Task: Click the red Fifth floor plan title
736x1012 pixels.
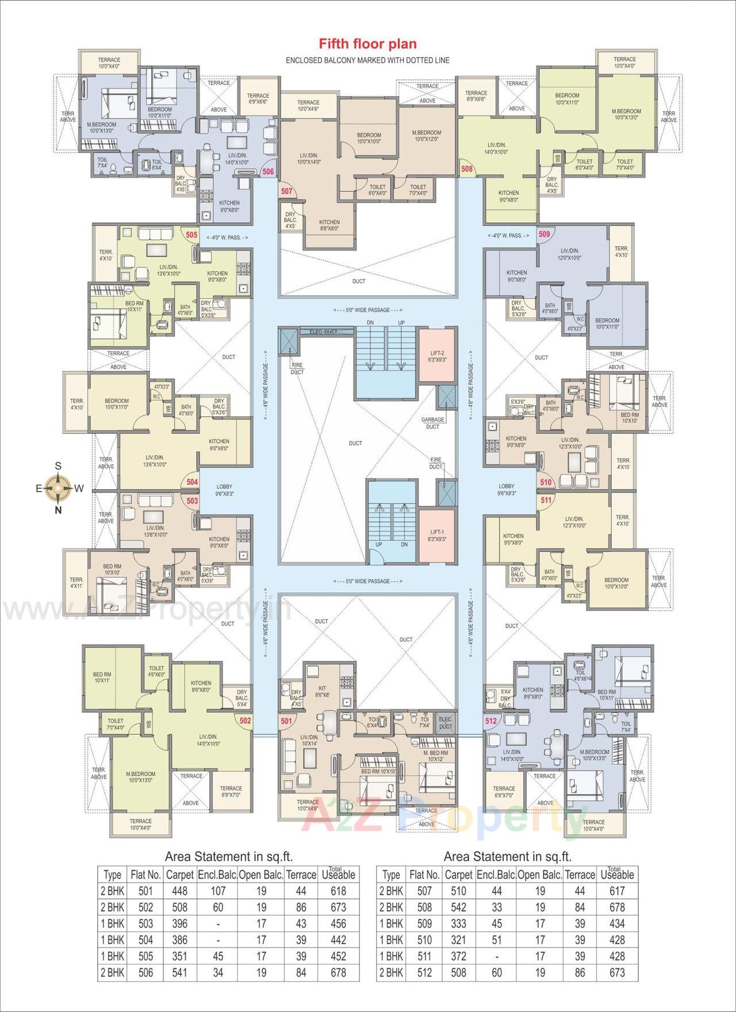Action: pos(368,44)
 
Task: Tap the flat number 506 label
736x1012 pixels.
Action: pos(268,171)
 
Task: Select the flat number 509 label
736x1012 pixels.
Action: pos(544,234)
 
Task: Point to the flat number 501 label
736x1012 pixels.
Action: pos(286,720)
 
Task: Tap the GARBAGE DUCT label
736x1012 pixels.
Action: pos(432,423)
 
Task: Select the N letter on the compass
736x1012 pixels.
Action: pos(58,509)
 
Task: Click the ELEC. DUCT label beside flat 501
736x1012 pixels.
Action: pos(445,723)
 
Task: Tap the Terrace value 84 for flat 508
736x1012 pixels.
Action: pos(580,907)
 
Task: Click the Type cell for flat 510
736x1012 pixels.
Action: pos(390,940)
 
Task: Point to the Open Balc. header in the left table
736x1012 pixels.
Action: pos(261,875)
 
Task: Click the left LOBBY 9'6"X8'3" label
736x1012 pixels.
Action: pos(224,490)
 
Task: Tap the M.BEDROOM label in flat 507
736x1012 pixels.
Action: pos(426,136)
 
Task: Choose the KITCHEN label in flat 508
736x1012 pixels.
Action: pos(508,196)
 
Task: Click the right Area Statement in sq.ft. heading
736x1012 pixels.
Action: pos(507,857)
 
